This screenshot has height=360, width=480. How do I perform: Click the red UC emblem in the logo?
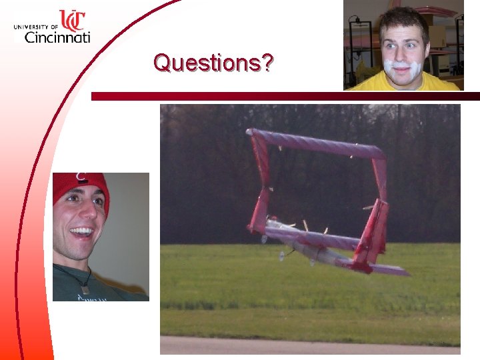pyautogui.click(x=72, y=20)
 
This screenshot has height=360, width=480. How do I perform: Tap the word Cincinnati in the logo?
pyautogui.click(x=57, y=37)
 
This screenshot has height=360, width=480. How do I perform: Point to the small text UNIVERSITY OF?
pyautogui.click(x=36, y=27)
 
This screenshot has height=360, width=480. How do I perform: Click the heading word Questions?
pyautogui.click(x=206, y=63)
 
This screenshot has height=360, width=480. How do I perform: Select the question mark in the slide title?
pyautogui.click(x=267, y=63)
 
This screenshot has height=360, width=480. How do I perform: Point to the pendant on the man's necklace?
pyautogui.click(x=85, y=289)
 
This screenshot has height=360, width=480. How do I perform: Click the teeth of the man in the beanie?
pyautogui.click(x=81, y=232)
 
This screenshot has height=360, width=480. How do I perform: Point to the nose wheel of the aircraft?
pyautogui.click(x=282, y=255)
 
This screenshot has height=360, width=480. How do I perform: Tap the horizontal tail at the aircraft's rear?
pyautogui.click(x=390, y=269)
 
